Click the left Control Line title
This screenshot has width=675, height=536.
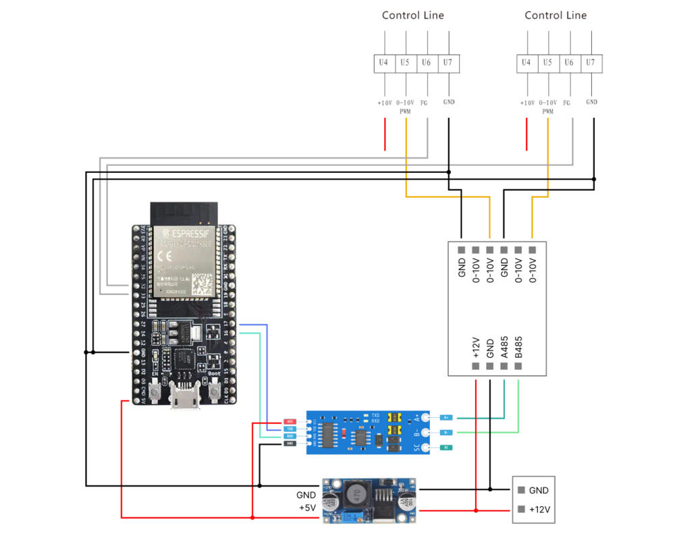pyautogui.click(x=413, y=16)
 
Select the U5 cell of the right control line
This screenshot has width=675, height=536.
pyautogui.click(x=547, y=63)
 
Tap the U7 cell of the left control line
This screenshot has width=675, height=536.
pyautogui.click(x=449, y=63)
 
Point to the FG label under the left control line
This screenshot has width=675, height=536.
pyautogui.click(x=424, y=103)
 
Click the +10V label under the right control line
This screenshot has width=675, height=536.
pyautogui.click(x=526, y=103)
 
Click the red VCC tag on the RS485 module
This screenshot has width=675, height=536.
pyautogui.click(x=290, y=421)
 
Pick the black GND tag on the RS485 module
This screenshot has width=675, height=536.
pyautogui.click(x=290, y=444)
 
